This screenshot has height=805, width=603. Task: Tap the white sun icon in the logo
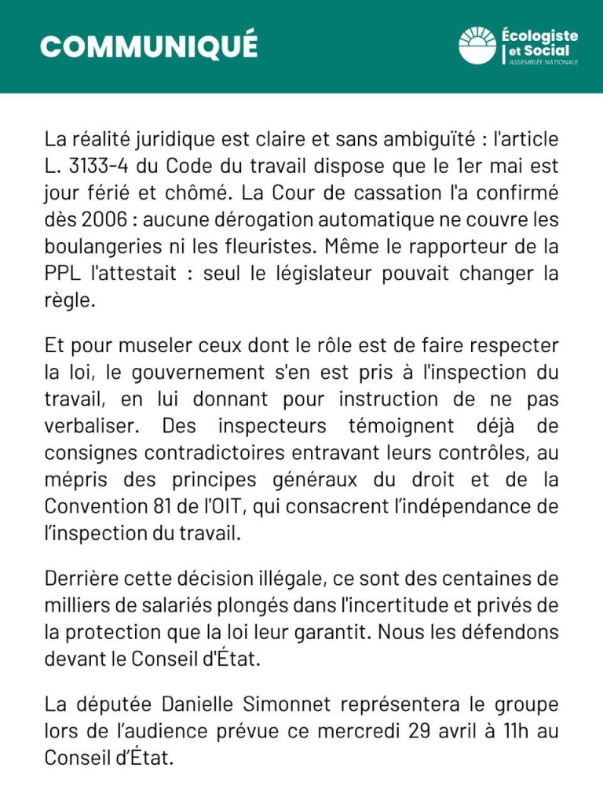477,45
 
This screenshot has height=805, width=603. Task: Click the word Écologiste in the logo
539,35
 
